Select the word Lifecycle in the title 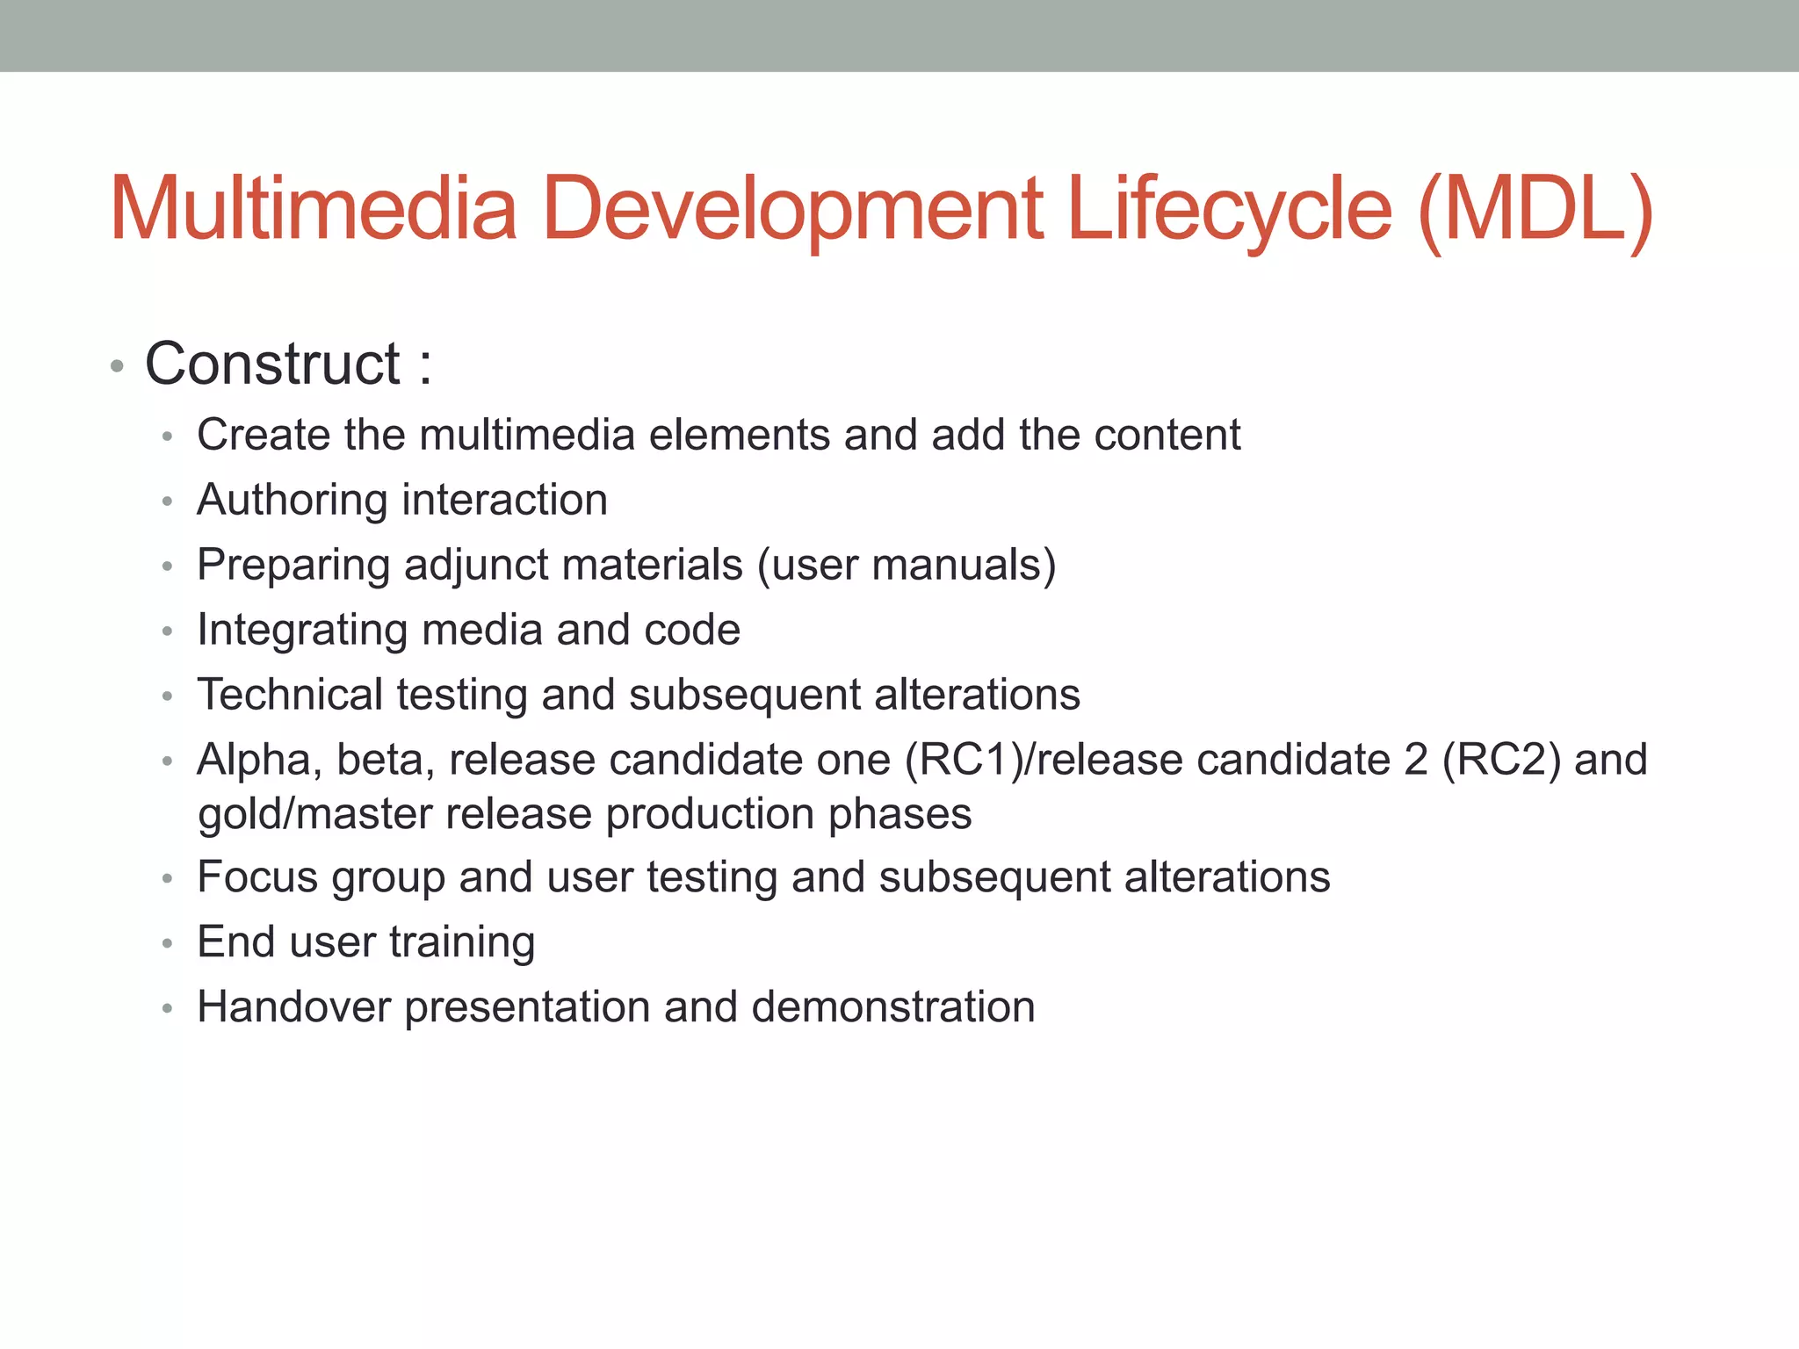coord(1230,211)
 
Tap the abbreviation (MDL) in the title coord(1536,211)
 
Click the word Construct coord(272,364)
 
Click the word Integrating coord(301,631)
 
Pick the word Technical coord(290,695)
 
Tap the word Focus coord(257,877)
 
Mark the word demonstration coord(893,1006)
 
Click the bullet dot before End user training coord(168,944)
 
